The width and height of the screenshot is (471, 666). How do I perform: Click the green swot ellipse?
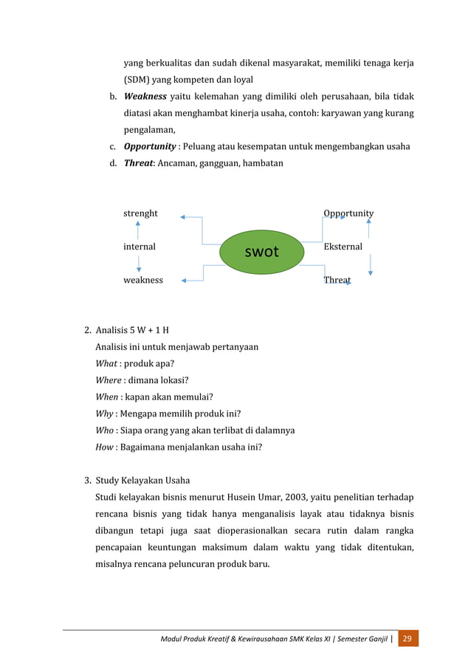point(261,251)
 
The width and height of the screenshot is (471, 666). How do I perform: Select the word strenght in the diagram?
point(140,213)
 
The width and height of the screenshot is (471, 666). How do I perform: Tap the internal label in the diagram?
point(139,247)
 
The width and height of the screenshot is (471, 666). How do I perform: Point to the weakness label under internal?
point(142,281)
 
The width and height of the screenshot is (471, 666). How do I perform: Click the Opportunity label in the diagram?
point(348,213)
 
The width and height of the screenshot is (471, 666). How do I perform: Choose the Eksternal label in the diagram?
point(343,247)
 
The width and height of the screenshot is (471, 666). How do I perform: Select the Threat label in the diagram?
point(337,281)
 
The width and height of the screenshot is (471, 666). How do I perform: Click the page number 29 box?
point(408,637)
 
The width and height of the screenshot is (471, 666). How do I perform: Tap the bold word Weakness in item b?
point(145,97)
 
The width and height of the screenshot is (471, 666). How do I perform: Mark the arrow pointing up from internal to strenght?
point(138,230)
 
